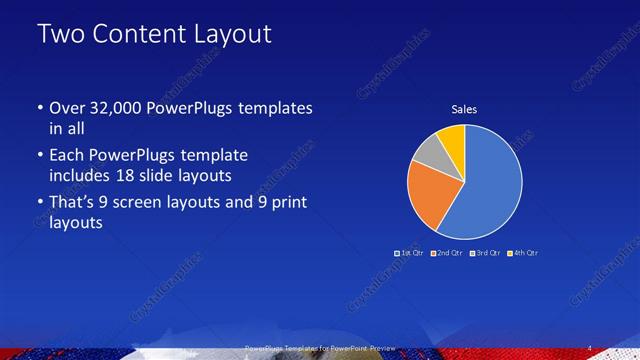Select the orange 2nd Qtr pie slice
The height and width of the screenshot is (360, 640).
(433, 195)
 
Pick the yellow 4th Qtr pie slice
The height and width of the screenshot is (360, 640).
(452, 137)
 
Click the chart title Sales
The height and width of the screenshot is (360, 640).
(463, 109)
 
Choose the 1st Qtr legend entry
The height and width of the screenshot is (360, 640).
(410, 253)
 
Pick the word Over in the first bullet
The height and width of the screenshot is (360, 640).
(67, 108)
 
